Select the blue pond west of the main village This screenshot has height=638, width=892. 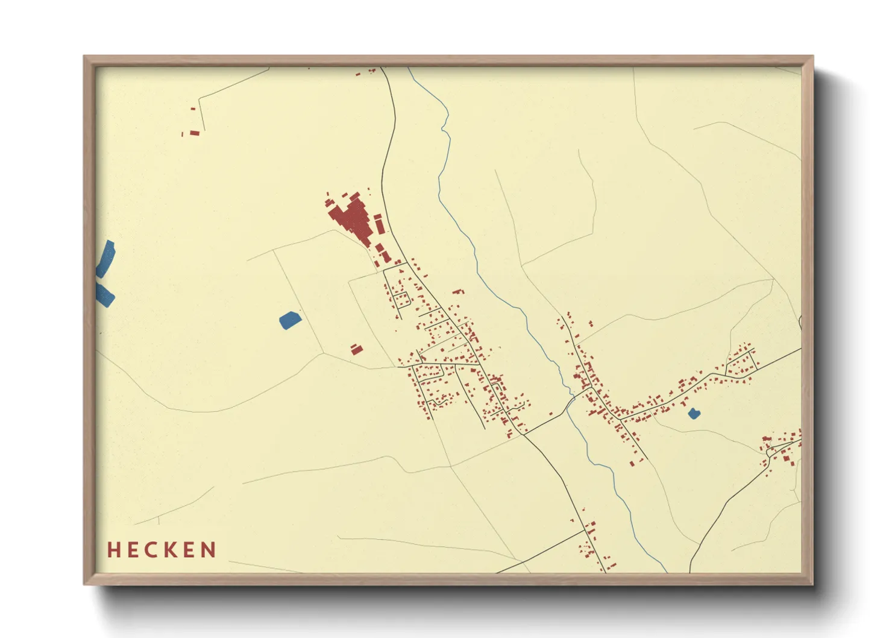coord(290,320)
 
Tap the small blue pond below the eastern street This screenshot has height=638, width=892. coord(694,414)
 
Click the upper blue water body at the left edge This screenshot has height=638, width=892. coord(106,257)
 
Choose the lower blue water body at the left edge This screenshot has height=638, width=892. coord(105,295)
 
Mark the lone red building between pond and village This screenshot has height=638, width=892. coord(357,349)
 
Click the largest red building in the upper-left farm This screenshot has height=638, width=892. coord(195,133)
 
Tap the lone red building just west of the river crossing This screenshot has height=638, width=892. coord(550,413)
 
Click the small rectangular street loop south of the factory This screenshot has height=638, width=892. coord(401,298)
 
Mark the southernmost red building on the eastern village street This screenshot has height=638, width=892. coord(631,463)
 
